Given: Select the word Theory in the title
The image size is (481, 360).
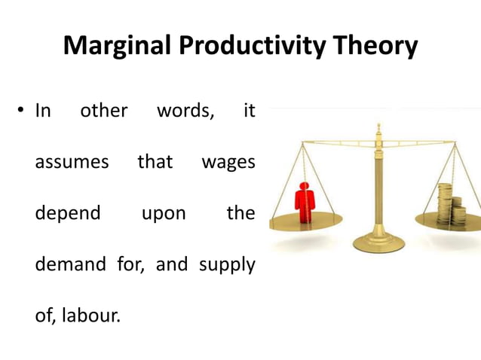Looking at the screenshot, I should pos(374,47).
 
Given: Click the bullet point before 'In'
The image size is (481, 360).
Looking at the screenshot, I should pos(20,111).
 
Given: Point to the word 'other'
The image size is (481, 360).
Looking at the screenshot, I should pos(104,111).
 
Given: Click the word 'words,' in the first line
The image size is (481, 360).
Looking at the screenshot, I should pos(185,111).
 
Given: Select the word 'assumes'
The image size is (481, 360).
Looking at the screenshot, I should pos(72,162).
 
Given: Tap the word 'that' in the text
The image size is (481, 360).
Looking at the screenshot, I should pos(155,161).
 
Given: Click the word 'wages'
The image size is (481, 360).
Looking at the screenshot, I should pos(228,163).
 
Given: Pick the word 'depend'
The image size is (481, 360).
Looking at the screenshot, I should pos(68,213).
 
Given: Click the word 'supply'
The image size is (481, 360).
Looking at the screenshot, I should pos(227,266).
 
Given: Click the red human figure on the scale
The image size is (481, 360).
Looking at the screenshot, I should pos(305,202).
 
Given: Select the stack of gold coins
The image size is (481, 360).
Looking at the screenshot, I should pos(452,202).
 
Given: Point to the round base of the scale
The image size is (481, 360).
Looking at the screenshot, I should pos(379,242).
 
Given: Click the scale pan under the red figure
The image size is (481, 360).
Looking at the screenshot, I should pos(306,221).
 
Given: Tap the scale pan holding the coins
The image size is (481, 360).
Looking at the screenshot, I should pos(448,221).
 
